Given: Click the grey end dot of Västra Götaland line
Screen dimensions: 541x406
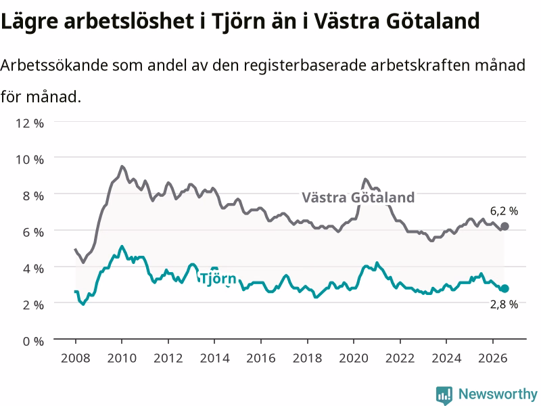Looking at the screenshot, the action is coord(504,227).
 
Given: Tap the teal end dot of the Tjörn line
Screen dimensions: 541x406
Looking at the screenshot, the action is coord(504,289).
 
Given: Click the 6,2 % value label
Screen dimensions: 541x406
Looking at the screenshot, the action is coord(504,211).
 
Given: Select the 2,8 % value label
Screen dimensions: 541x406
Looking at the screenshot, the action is coord(504,304).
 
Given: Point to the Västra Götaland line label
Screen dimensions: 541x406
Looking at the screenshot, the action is coord(358,198).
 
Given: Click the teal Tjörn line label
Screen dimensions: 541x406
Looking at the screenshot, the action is coord(218,279).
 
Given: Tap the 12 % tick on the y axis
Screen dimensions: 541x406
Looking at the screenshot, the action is coord(30,123).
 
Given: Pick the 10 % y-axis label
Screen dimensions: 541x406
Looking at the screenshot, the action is coord(30,160).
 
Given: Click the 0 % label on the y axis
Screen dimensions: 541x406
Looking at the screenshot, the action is coord(33,342).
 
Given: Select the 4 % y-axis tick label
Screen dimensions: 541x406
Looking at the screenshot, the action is coord(33,269).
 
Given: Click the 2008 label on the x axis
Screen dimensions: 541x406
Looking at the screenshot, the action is coord(76,358).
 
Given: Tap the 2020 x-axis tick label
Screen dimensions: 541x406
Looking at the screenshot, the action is coord(354,358).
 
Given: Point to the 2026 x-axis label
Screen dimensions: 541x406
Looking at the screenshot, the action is coord(493,358).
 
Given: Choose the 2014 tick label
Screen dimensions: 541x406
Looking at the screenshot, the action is coord(214,358).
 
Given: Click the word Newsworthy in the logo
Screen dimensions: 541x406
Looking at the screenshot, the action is coord(498,394).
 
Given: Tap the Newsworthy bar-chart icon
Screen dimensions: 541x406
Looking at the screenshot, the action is coord(444,395).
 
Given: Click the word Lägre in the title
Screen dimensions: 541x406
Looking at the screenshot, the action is coord(30,21).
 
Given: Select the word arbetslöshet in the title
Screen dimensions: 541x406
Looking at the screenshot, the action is coord(129,20).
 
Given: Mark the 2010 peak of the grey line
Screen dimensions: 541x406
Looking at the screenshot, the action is coord(122,166).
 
